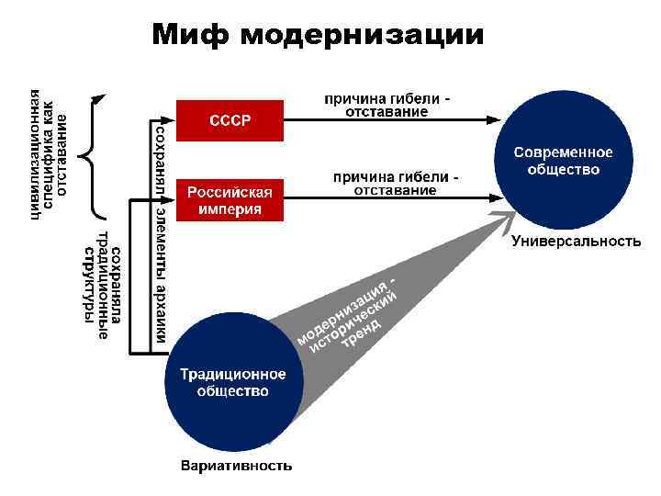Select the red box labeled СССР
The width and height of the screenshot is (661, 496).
230,119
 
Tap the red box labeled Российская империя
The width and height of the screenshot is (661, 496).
230,200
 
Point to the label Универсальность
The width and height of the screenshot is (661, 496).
575,242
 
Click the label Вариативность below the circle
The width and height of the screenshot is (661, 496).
237,465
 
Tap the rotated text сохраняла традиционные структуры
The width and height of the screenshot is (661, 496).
107,284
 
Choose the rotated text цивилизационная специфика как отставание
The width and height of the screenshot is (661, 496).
49,152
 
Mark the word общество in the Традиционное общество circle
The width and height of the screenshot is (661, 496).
232,391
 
